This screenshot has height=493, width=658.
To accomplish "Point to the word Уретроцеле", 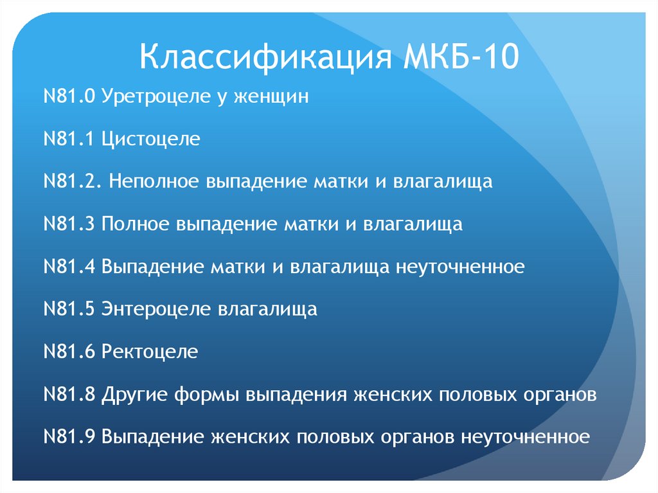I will pos(155,97).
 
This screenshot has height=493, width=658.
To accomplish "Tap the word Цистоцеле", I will pos(150,139).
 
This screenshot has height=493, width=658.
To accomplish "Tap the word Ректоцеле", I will pos(150,352).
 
